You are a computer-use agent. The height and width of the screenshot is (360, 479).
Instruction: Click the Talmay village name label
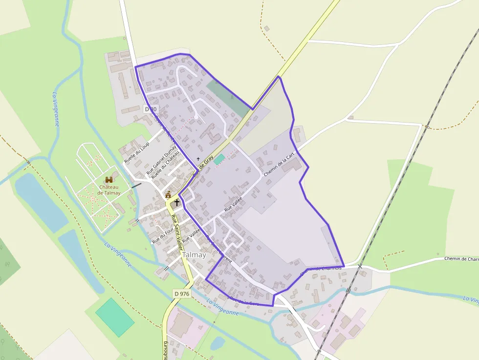click(194, 255)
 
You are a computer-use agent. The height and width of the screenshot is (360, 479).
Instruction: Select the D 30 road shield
click(151, 109)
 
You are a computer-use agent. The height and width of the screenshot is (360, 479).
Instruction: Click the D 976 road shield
click(181, 294)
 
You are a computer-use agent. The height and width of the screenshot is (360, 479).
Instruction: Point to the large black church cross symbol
click(176, 202)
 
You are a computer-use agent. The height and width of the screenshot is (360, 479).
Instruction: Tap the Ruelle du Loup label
click(136, 152)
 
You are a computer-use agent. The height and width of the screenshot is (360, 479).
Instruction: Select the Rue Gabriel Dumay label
click(161, 159)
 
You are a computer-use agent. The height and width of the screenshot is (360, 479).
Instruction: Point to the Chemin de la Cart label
click(279, 164)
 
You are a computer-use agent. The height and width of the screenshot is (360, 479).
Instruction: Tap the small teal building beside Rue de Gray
click(219, 159)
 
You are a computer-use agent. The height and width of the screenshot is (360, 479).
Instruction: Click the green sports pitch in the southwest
click(114, 317)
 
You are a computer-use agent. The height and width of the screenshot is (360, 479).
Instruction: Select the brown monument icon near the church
click(168, 194)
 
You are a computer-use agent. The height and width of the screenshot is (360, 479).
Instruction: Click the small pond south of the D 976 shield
click(218, 343)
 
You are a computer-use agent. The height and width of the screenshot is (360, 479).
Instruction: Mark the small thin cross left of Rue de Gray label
click(198, 159)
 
